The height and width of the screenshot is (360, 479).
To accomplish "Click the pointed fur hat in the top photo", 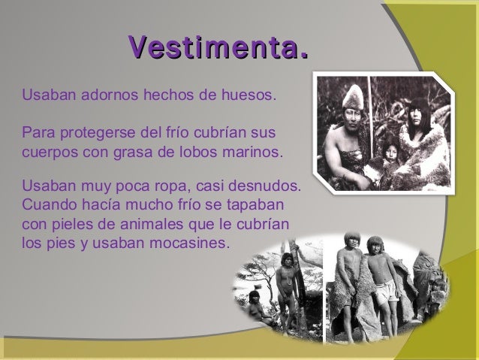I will click(351, 97).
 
